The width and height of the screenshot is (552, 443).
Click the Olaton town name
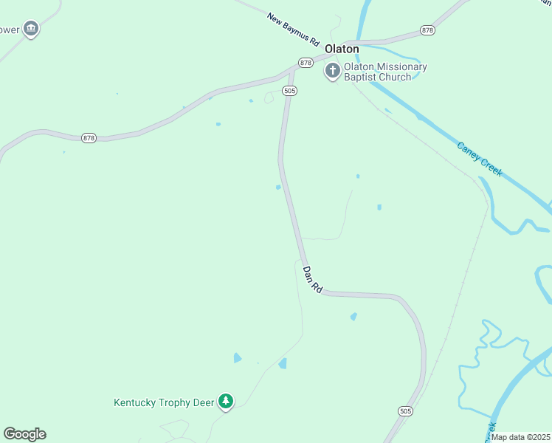tap(342, 49)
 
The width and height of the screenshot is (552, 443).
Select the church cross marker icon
tap(333, 72)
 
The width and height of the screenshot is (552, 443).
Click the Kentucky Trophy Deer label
tap(163, 402)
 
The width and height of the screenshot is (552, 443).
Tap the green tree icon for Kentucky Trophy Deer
tap(226, 402)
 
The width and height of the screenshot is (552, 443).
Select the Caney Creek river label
tap(480, 159)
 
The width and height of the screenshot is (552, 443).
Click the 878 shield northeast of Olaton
tap(427, 30)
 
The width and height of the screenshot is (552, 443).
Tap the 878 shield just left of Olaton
tap(306, 63)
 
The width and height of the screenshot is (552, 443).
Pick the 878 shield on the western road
tap(89, 138)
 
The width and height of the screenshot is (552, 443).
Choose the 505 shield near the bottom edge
tap(404, 411)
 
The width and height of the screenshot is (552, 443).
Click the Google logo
tap(24, 434)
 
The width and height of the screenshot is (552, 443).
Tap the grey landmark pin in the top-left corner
tap(30, 30)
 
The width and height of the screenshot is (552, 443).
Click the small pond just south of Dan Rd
tap(353, 317)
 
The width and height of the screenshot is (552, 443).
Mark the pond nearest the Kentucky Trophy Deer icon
tap(237, 358)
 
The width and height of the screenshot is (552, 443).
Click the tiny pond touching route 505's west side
tap(278, 188)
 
